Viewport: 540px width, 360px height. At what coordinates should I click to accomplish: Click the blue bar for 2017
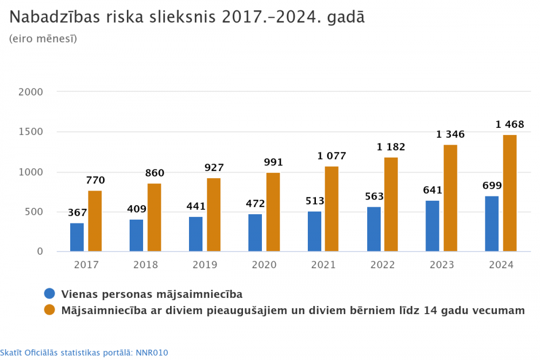click(x=77, y=237)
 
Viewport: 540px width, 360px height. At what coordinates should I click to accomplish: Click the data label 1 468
click(x=510, y=125)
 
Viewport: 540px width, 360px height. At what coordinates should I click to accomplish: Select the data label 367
click(x=78, y=213)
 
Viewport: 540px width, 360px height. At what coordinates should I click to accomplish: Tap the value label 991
click(x=273, y=162)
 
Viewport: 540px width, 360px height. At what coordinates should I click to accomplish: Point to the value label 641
click(x=433, y=190)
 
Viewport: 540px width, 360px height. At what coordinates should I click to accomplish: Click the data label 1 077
click(x=332, y=157)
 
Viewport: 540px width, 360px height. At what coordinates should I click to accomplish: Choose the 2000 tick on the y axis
click(x=30, y=92)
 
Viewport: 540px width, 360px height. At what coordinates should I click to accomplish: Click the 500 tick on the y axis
click(x=33, y=212)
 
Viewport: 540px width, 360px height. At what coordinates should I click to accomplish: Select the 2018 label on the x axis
click(x=146, y=265)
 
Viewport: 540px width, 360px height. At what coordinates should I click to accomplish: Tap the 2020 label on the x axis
click(x=264, y=265)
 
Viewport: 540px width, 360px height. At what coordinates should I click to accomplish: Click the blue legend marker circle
click(x=50, y=294)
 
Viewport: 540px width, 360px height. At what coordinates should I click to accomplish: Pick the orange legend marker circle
click(x=50, y=310)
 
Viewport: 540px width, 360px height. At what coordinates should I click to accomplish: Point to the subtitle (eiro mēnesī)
click(x=43, y=39)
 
